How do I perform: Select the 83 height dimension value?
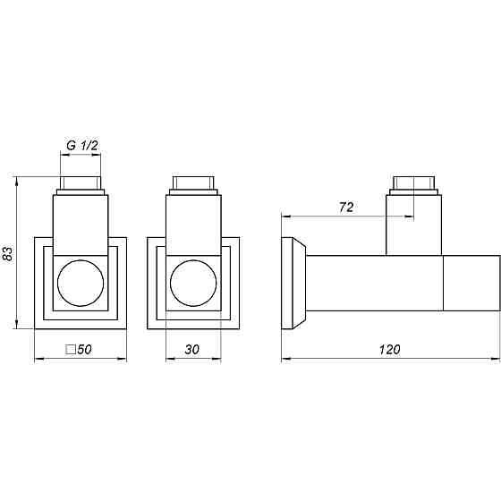8,253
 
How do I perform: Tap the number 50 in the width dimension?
86,350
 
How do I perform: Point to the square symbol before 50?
71,350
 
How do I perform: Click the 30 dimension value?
192,350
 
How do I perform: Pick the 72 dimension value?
347,207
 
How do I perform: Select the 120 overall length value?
389,350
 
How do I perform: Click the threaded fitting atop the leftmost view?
80,186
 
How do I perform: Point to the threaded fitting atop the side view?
414,186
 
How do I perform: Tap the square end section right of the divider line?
471,284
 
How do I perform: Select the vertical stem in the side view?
414,225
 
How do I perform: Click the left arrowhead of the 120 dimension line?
285,361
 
